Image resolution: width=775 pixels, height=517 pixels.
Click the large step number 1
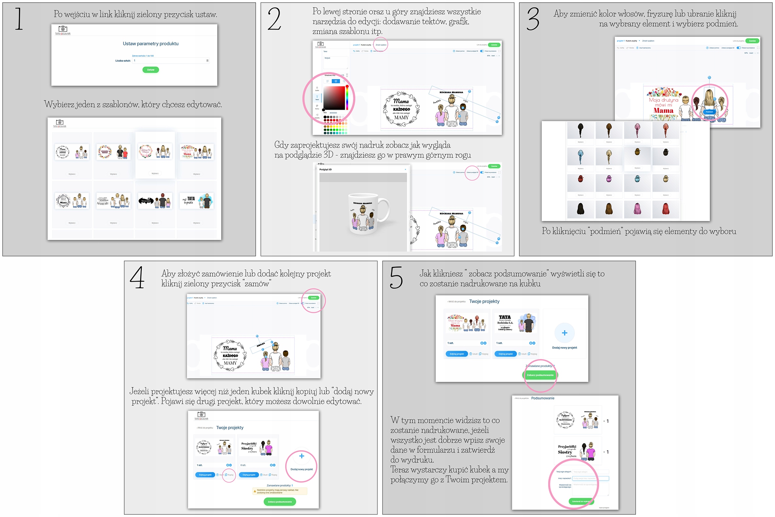click(19, 19)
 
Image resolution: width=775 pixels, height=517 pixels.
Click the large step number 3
click(533, 19)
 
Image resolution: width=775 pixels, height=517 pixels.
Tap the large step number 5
click(396, 278)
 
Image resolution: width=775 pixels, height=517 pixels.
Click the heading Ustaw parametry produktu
click(151, 44)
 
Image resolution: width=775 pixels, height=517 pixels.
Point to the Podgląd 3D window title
click(325, 169)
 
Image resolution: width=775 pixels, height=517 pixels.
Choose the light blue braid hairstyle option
click(580, 157)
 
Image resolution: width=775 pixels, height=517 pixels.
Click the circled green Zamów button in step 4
click(313, 298)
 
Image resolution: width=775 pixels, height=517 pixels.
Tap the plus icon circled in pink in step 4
click(302, 456)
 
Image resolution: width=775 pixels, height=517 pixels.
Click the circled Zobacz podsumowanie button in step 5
click(540, 375)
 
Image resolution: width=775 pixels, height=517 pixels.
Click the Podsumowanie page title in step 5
click(543, 398)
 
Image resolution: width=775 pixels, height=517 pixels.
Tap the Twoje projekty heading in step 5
click(484, 301)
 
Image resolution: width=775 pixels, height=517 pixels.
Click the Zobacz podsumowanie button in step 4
click(280, 502)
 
